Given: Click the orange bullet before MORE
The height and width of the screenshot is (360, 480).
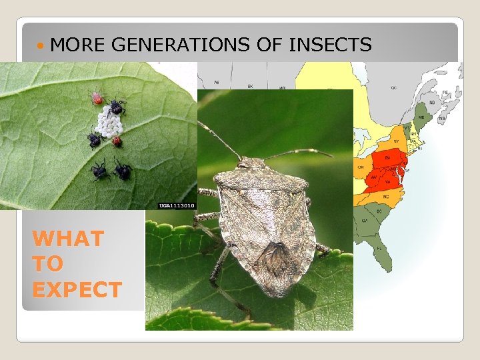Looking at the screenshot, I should (x=42, y=45).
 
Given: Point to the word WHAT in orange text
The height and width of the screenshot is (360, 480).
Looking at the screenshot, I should (x=68, y=238).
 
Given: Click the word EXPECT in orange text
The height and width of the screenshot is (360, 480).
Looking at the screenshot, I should (x=77, y=290).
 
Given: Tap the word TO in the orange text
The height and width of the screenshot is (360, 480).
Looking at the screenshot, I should (x=47, y=264).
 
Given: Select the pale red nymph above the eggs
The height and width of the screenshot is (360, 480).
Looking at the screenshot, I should (x=97, y=99).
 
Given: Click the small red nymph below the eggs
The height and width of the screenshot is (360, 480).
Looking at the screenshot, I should (x=117, y=141).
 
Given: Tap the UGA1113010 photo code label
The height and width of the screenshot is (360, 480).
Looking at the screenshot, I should (x=176, y=205).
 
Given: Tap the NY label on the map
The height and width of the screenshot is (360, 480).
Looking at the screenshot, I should (x=396, y=141).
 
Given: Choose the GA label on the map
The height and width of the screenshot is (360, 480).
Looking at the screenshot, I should (x=364, y=220).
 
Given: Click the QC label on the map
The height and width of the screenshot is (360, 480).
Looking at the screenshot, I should (x=393, y=87).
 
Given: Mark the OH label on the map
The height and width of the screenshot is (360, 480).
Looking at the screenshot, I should (x=361, y=167).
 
